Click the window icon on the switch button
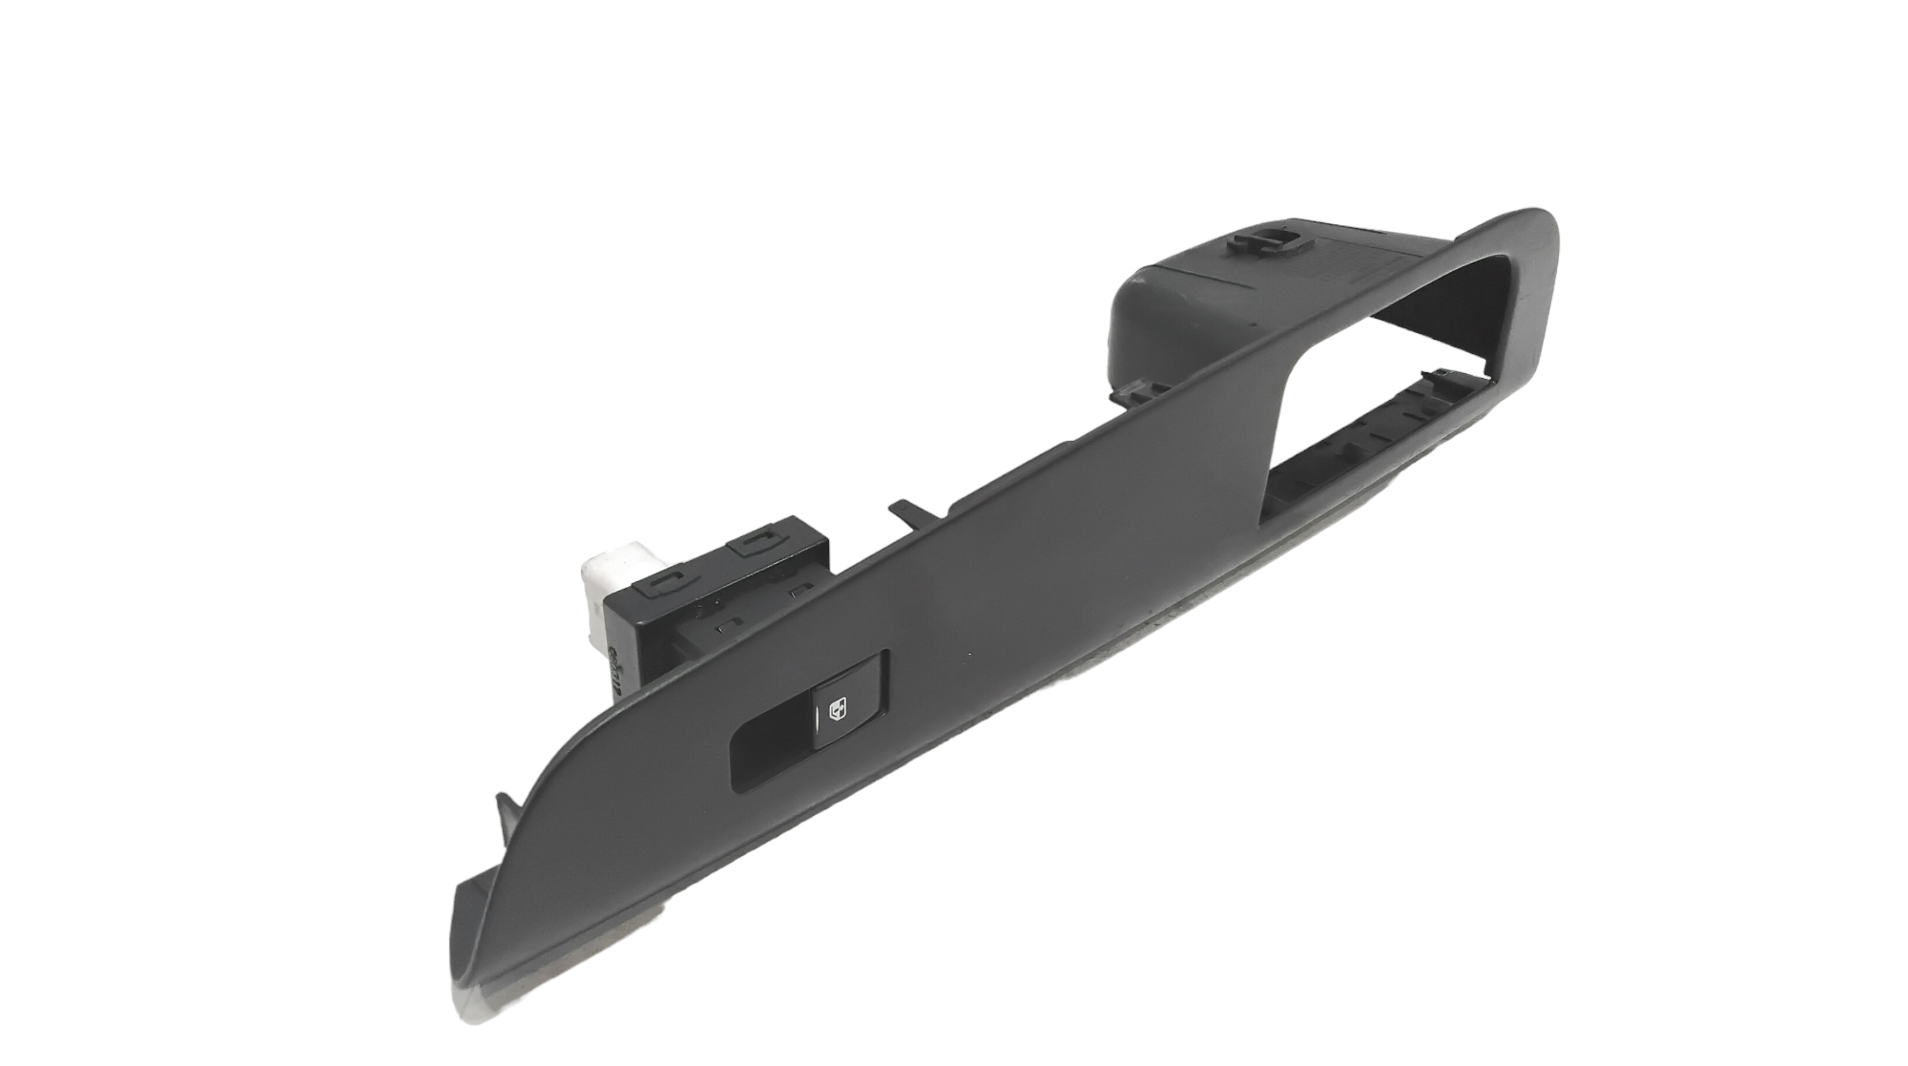[837, 710]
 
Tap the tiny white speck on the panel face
[969, 655]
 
